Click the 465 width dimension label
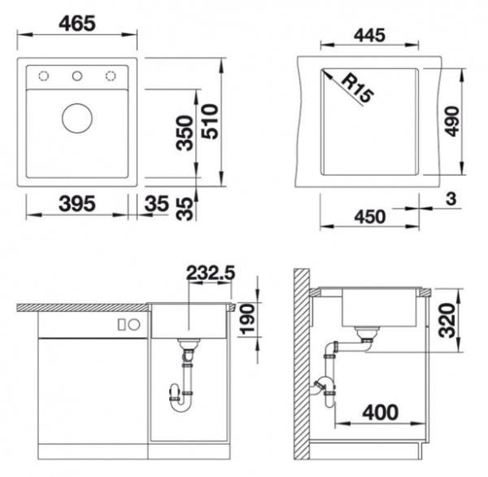tap(78, 23)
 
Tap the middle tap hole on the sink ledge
tap(78, 77)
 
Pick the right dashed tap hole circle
tap(110, 77)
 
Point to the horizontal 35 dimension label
tap(158, 203)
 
